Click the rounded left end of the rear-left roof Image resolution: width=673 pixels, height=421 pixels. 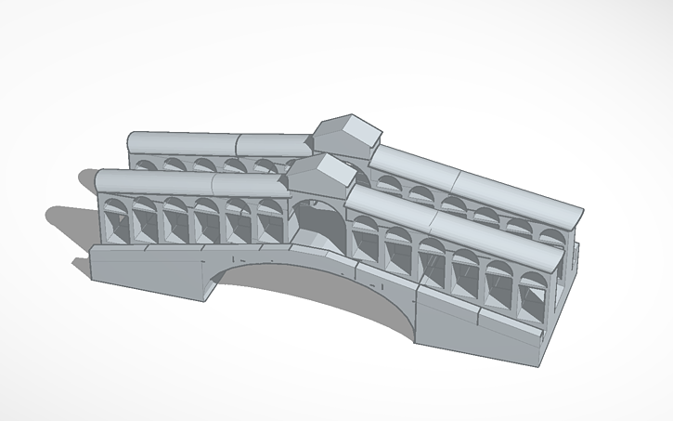[132, 142]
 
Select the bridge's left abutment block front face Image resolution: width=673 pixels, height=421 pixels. [149, 274]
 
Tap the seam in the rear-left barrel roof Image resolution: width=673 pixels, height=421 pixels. [237, 144]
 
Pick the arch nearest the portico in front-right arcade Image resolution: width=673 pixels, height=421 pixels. [365, 238]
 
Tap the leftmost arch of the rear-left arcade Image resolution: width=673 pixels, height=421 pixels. [145, 165]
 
